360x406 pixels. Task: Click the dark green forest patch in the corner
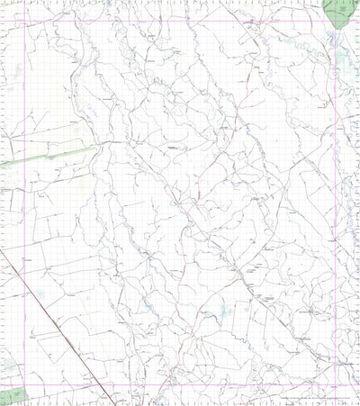tap(339, 12)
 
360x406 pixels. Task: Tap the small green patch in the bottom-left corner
tap(11, 394)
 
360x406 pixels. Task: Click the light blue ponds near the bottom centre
tap(216, 311)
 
